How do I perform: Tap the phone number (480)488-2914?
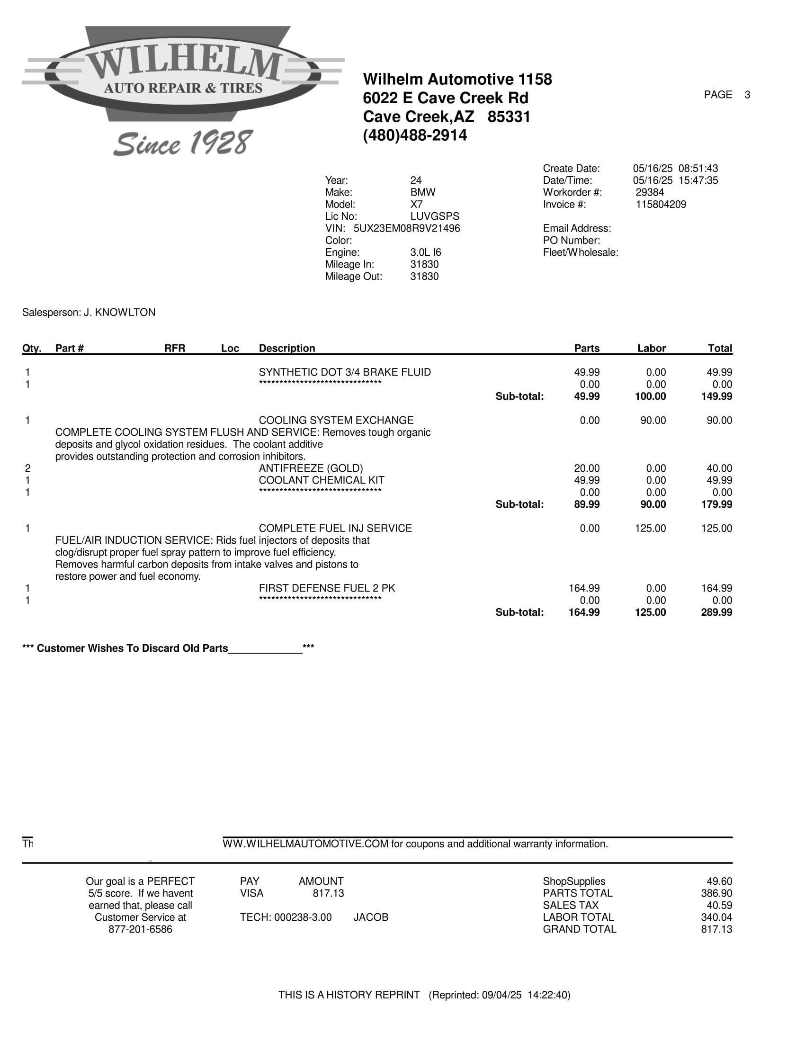(x=415, y=135)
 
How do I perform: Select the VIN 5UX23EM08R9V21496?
(x=406, y=229)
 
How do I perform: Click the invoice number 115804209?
(x=661, y=205)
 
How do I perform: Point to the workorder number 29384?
(x=650, y=193)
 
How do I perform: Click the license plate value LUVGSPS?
(x=434, y=216)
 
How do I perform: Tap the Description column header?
(x=286, y=348)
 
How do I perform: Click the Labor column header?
(x=651, y=348)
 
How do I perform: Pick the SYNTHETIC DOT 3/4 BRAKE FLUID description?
(x=344, y=372)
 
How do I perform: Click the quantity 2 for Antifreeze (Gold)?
(x=27, y=468)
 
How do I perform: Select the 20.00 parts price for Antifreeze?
(x=587, y=468)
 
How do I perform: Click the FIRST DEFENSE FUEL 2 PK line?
(x=327, y=588)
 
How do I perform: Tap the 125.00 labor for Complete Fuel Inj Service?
(x=650, y=528)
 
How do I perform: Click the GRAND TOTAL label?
(x=580, y=929)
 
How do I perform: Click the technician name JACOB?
(x=371, y=917)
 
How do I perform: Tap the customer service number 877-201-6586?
(x=140, y=929)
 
